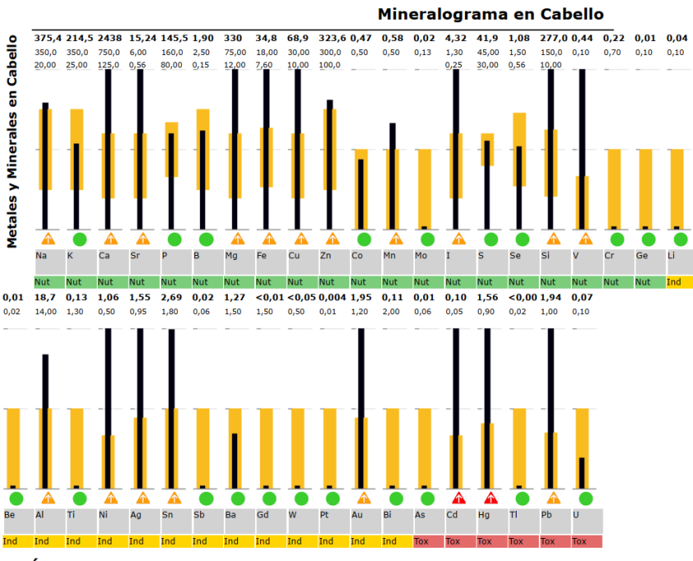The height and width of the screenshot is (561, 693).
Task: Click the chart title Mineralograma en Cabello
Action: [490, 14]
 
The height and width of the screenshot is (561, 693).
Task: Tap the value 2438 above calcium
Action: [111, 38]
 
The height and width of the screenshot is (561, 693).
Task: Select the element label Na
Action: [41, 256]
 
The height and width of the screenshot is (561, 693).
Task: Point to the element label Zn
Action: [326, 256]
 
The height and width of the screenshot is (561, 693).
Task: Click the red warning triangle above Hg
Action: [490, 498]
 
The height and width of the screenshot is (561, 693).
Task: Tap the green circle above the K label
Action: [80, 239]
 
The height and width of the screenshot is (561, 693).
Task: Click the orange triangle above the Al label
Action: [48, 498]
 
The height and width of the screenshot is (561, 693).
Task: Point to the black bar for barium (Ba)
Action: [234, 460]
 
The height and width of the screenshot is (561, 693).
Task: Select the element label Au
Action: [357, 515]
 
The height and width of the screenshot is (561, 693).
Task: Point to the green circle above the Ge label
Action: [648, 239]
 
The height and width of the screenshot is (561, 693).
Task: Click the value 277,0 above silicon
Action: [554, 38]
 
